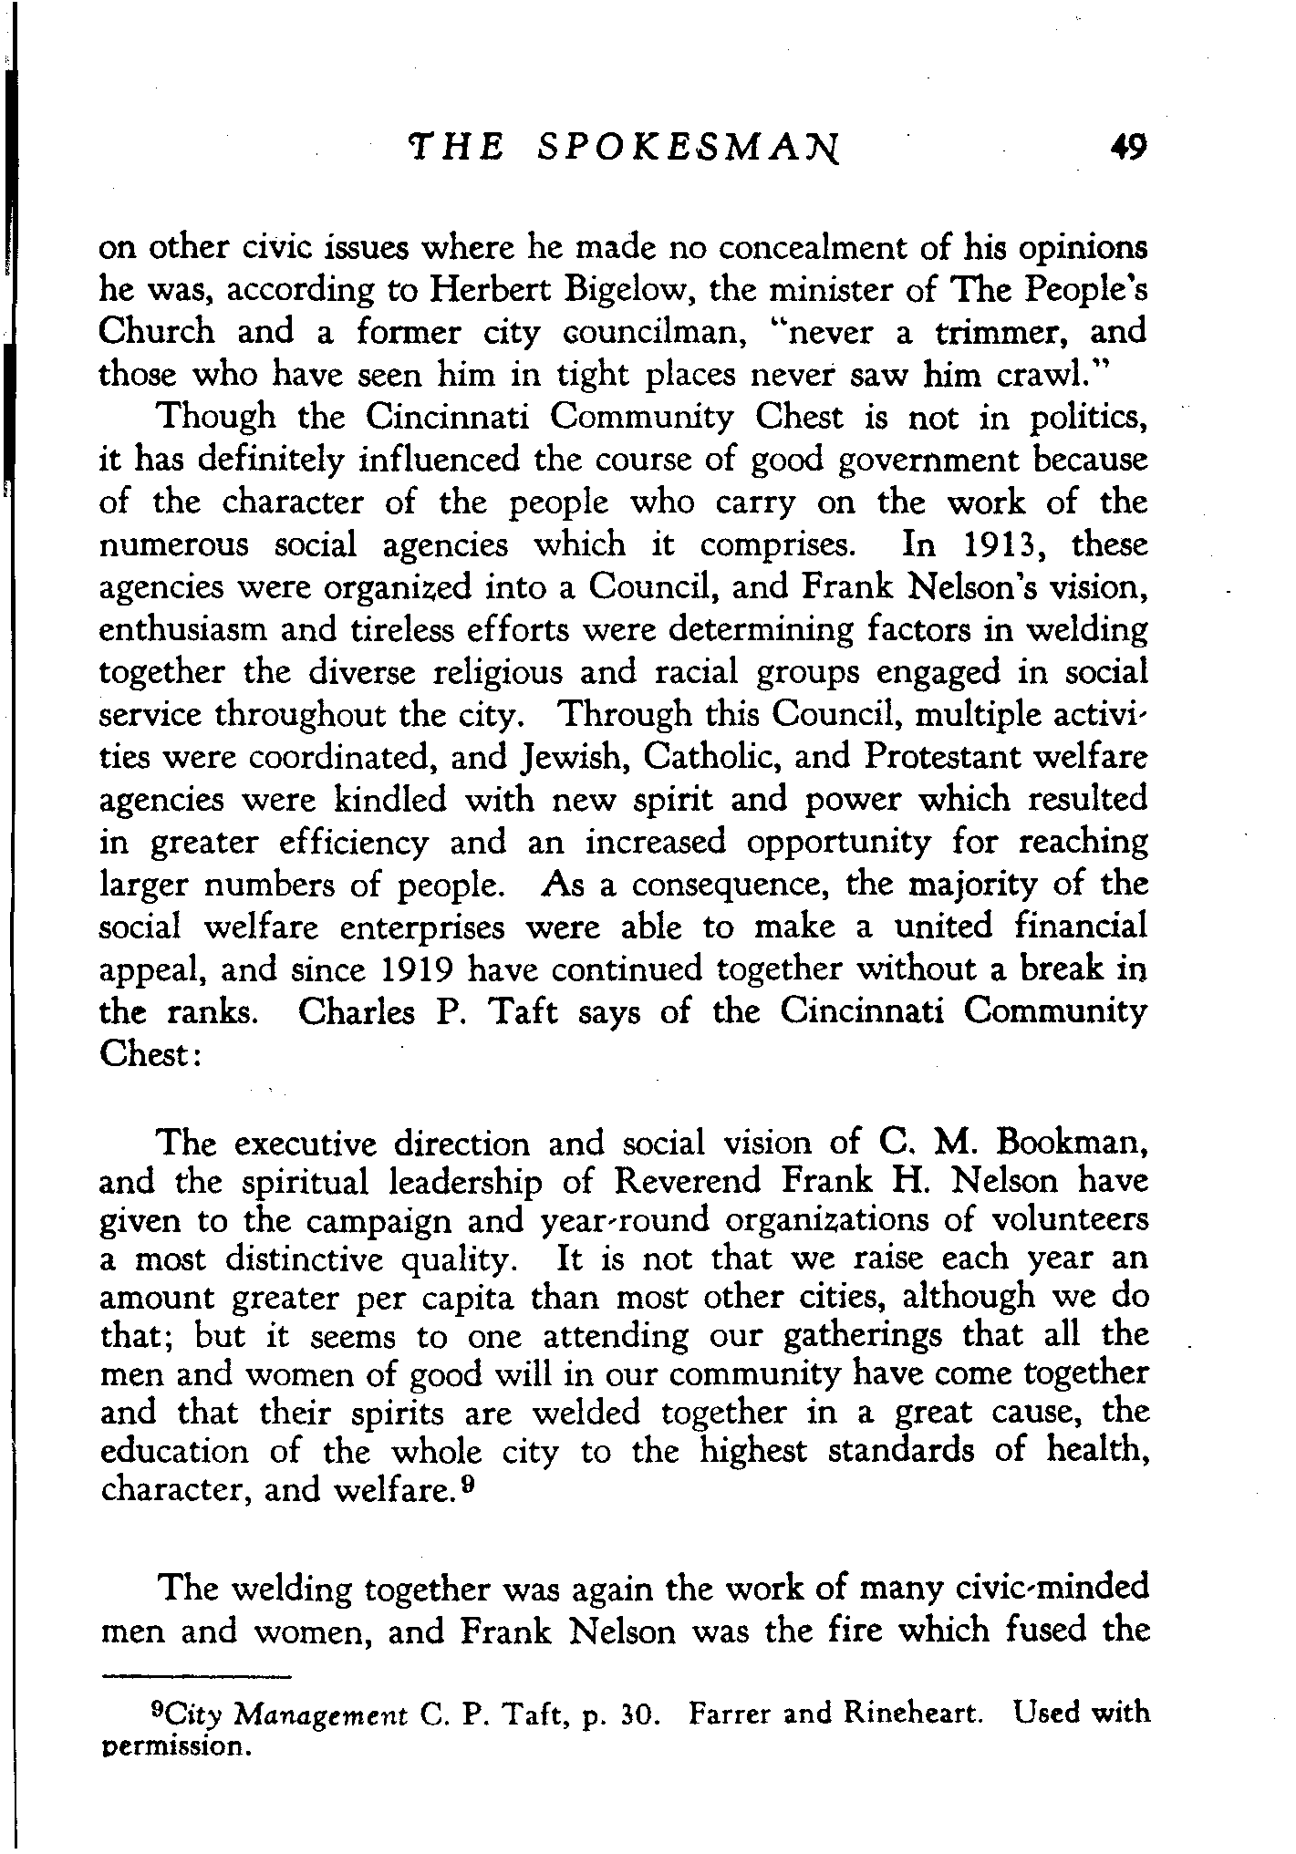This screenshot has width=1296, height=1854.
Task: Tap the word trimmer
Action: click(1000, 331)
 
